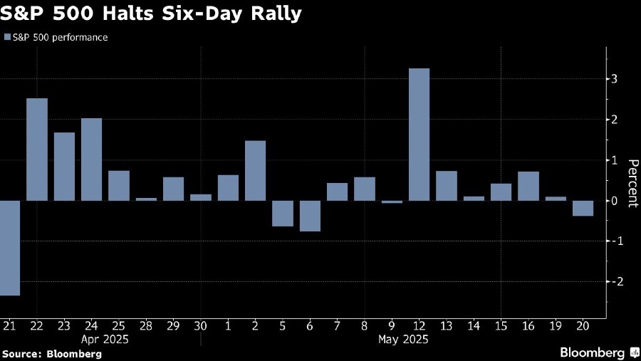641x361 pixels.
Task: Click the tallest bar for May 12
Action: coord(419,135)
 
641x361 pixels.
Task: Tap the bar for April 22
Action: coord(37,150)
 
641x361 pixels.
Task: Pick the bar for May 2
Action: coord(255,171)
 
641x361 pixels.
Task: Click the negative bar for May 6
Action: coord(310,216)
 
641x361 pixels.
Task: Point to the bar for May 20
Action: coord(583,208)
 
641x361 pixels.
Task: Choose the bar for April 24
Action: coord(92,159)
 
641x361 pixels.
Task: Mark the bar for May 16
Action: coord(528,186)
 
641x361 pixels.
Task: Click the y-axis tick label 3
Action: coord(613,78)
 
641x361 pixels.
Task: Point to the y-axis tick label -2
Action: coord(611,282)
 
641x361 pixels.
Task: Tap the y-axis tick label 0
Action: coord(613,201)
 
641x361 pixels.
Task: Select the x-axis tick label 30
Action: coord(201,325)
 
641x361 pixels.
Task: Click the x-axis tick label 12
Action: coord(419,325)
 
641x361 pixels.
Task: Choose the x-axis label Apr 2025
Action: coord(105,340)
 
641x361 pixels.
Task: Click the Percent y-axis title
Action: coord(631,182)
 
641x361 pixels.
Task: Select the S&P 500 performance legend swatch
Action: coord(7,37)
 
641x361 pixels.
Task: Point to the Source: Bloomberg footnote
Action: coord(51,353)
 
